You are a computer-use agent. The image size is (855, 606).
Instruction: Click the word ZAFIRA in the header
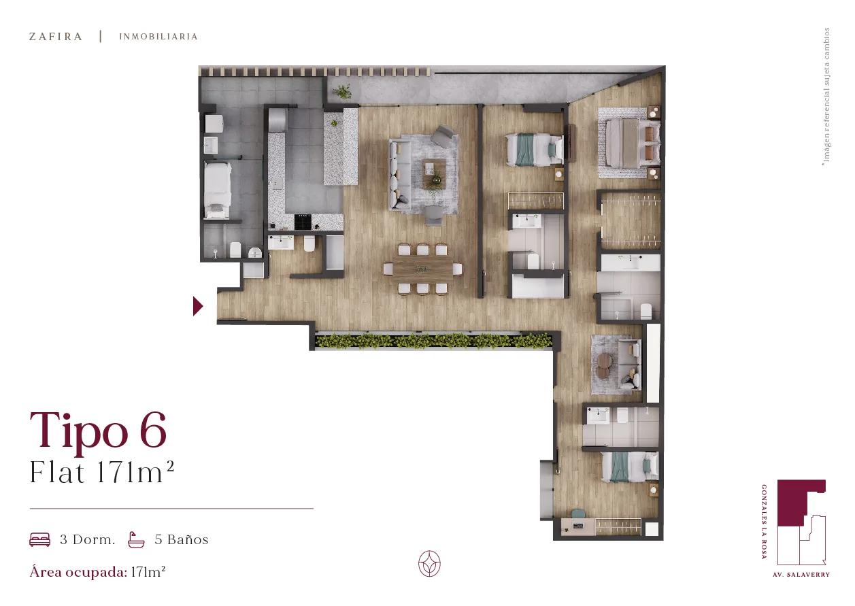tap(56, 37)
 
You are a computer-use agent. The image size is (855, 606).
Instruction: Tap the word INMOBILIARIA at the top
tap(158, 37)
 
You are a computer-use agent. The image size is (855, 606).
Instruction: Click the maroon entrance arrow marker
tap(198, 306)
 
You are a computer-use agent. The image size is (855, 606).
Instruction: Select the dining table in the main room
tap(422, 269)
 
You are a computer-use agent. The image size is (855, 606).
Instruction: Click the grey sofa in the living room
tap(400, 174)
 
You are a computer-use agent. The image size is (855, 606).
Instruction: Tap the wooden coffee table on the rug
tap(435, 173)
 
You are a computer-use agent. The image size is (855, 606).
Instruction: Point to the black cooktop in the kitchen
tap(303, 222)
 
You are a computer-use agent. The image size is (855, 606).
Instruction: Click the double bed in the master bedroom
tap(632, 142)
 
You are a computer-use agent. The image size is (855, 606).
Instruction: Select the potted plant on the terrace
tap(342, 92)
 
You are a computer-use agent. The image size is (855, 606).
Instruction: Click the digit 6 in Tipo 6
tap(153, 429)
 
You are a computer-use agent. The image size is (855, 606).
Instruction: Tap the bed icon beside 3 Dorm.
tap(39, 539)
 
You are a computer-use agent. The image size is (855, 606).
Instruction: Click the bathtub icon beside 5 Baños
tap(136, 539)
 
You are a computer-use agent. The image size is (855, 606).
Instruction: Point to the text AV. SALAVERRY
tap(801, 574)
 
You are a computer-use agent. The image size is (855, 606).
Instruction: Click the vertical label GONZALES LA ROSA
tap(764, 522)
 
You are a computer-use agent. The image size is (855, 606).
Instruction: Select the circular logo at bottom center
tap(429, 563)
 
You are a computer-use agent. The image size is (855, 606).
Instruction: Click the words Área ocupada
tap(78, 573)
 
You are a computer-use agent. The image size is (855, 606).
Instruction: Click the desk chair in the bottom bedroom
tap(578, 514)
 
